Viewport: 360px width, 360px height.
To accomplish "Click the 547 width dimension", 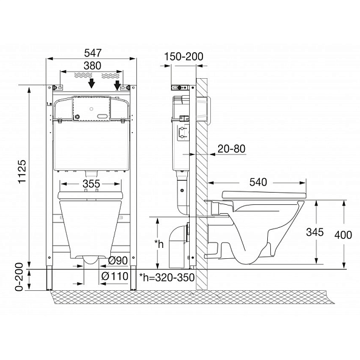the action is pyautogui.click(x=93, y=53).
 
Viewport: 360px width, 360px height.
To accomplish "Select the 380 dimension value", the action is pyautogui.click(x=92, y=65).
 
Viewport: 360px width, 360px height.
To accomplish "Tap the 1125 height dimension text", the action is pyautogui.click(x=22, y=172).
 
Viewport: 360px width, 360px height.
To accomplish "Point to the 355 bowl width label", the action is pyautogui.click(x=92, y=184).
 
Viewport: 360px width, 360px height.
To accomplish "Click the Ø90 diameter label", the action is pyautogui.click(x=118, y=261).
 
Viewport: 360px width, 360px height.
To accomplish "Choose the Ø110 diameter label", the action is pyautogui.click(x=115, y=276).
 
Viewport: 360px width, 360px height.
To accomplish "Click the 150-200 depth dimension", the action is pyautogui.click(x=184, y=56).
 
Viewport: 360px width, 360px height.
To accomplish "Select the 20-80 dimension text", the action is pyautogui.click(x=232, y=148).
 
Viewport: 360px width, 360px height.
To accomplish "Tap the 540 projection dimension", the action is pyautogui.click(x=258, y=182).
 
